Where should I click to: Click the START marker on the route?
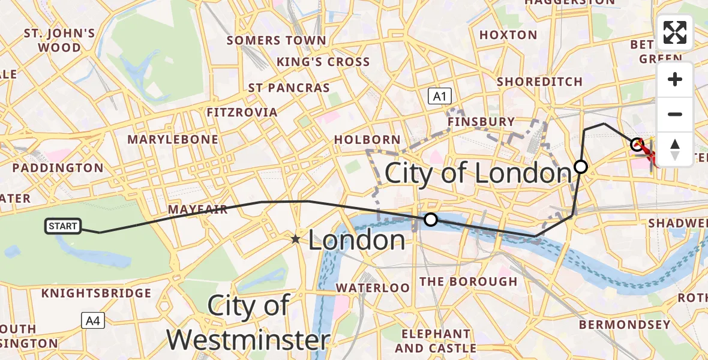63,226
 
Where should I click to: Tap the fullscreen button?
675,32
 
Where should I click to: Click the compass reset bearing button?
675,149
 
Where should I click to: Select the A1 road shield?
439,96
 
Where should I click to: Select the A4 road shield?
93,321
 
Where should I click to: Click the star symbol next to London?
296,239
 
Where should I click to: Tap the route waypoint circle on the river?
431,220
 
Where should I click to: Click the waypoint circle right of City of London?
581,167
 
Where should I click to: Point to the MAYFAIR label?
197,209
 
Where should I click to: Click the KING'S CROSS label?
323,62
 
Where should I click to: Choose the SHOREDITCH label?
539,82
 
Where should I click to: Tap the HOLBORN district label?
367,139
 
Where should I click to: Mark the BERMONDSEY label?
625,325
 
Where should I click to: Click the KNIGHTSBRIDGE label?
96,293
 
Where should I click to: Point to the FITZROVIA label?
242,112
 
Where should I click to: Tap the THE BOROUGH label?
468,281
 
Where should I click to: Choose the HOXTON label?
508,35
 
